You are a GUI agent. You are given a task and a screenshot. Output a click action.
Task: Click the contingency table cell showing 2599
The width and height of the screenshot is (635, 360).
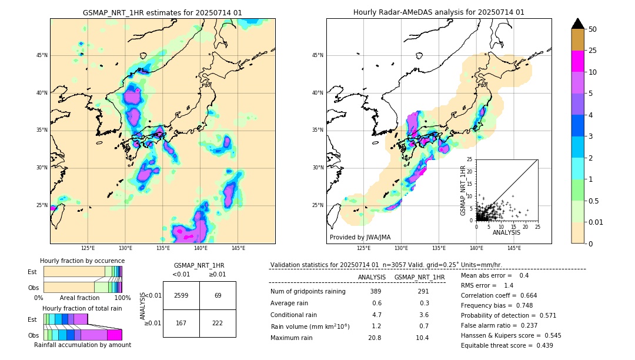[181, 295]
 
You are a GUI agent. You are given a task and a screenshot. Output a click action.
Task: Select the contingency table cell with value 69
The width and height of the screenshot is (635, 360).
[218, 295]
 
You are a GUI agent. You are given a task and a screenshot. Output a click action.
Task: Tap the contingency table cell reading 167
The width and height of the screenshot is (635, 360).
[181, 323]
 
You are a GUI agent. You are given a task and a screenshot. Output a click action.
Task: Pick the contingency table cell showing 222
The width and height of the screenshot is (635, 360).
[218, 323]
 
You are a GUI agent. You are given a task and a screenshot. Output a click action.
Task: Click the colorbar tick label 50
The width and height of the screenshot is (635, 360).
[593, 29]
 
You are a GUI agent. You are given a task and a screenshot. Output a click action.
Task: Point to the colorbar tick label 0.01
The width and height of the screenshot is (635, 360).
[596, 222]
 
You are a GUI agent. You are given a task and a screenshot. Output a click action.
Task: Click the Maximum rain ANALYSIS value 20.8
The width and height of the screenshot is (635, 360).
[375, 338]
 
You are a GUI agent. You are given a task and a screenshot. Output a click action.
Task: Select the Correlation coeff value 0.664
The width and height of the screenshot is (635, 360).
[524, 295]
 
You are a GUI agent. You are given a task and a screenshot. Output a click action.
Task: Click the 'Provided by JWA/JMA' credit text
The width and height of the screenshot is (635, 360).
[360, 237]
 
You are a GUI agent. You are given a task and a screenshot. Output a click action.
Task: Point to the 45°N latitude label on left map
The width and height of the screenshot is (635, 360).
[42, 55]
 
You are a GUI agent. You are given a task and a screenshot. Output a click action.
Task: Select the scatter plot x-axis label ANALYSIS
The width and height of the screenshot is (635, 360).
[506, 233]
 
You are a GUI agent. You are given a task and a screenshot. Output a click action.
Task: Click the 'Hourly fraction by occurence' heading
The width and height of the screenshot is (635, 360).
[82, 261]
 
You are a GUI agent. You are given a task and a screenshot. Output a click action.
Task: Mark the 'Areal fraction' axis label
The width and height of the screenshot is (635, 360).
[79, 298]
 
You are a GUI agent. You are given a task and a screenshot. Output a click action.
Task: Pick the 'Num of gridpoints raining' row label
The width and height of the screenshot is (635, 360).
[308, 292]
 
